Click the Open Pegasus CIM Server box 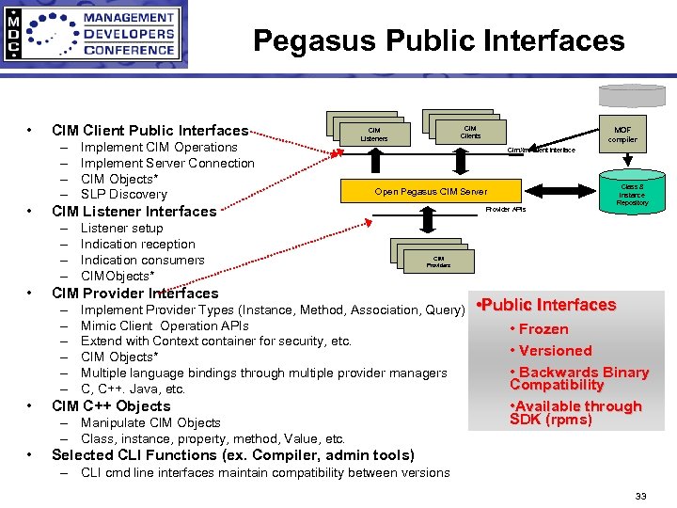432,192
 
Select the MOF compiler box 622,135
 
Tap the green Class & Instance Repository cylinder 632,194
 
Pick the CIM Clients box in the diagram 470,133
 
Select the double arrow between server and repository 559,192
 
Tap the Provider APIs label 506,210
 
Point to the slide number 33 640,496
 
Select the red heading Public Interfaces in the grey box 547,305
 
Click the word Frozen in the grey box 543,329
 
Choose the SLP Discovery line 123,195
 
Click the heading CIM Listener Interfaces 134,212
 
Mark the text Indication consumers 142,261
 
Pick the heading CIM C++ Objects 111,406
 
